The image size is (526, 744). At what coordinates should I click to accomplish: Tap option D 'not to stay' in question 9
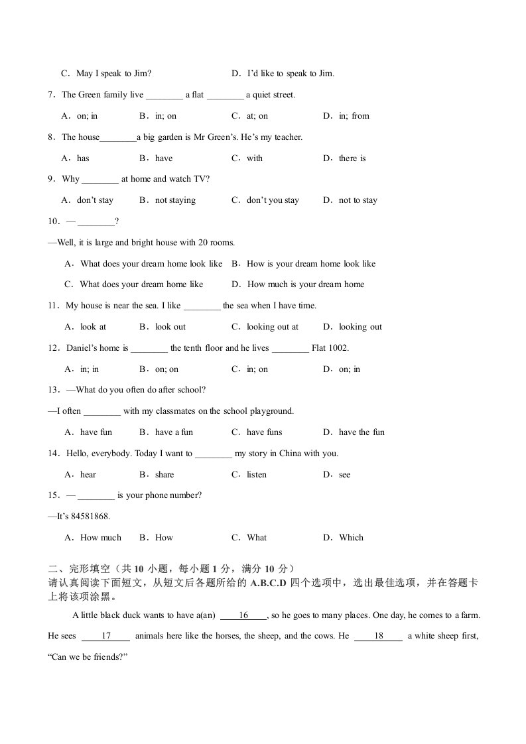click(x=350, y=200)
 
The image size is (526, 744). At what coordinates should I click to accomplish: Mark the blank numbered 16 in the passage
click(x=243, y=615)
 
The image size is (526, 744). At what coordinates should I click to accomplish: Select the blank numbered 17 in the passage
click(x=105, y=637)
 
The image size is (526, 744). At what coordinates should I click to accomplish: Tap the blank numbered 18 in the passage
click(x=379, y=637)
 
